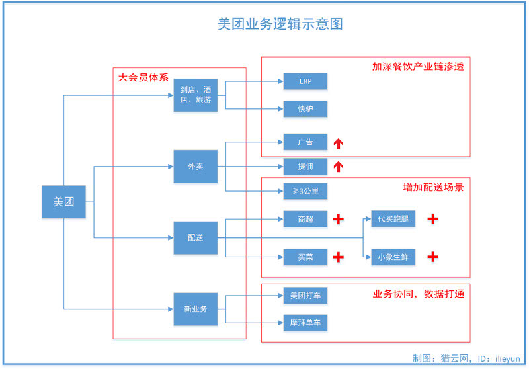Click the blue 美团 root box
(x=63, y=202)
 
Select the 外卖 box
(x=195, y=166)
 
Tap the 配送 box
(x=195, y=238)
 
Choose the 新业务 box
(x=195, y=309)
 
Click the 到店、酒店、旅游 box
(x=195, y=95)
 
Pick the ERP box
(x=305, y=81)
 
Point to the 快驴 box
(x=305, y=109)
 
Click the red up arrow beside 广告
(x=339, y=143)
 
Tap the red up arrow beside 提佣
(x=339, y=166)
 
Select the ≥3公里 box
(x=305, y=191)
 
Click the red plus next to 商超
(x=339, y=219)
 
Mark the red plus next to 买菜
(x=339, y=257)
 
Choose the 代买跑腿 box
(x=393, y=219)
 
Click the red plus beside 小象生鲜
(x=432, y=257)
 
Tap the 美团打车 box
(x=305, y=296)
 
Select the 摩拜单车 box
(x=305, y=323)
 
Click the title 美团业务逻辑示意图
(x=280, y=24)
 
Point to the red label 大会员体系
(x=143, y=77)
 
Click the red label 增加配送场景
(x=433, y=187)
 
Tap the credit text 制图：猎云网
(x=440, y=358)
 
